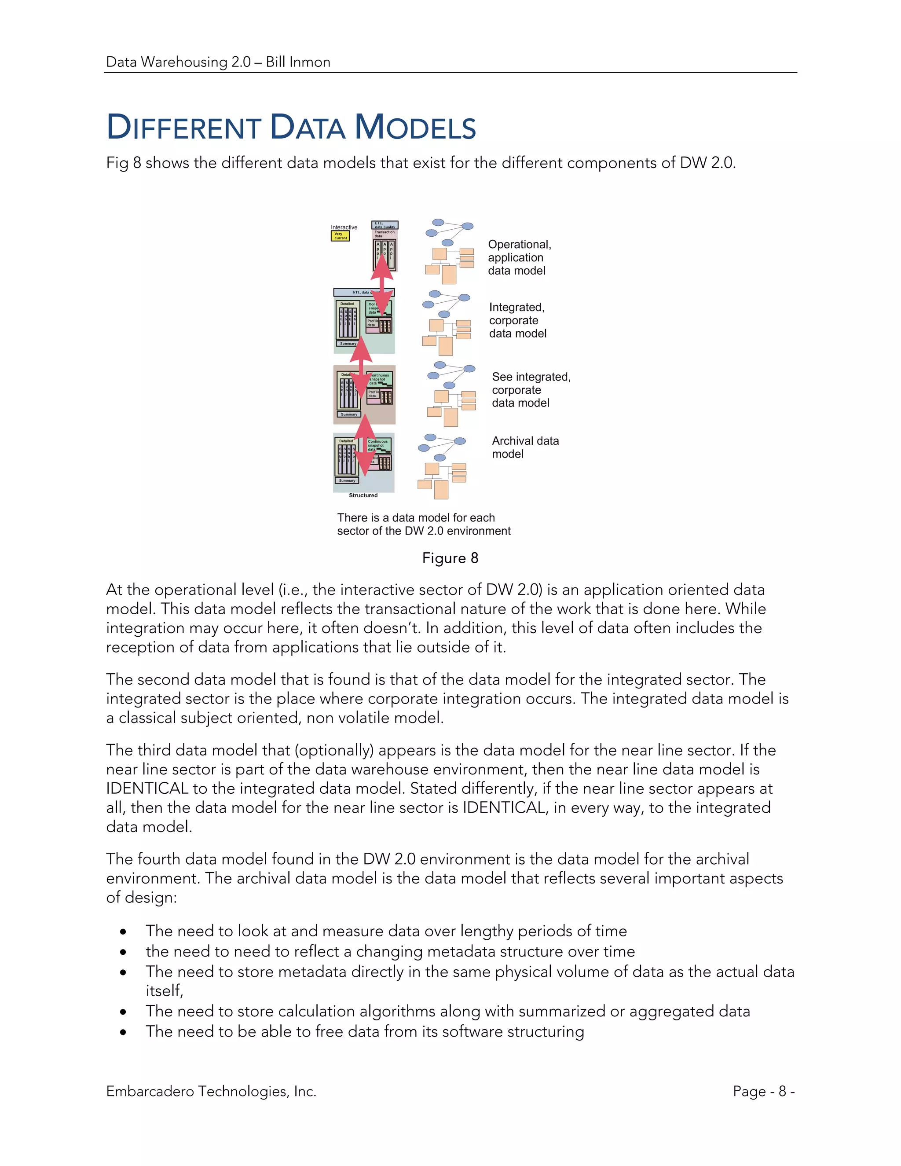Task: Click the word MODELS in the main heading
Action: pyautogui.click(x=415, y=128)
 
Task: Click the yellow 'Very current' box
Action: pyautogui.click(x=340, y=236)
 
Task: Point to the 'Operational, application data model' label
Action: pyautogui.click(x=519, y=257)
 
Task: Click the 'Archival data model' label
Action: pyautogui.click(x=525, y=447)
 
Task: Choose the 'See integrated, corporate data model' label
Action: pyautogui.click(x=531, y=390)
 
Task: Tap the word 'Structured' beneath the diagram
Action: pyautogui.click(x=363, y=495)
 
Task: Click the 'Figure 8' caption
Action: pyautogui.click(x=450, y=558)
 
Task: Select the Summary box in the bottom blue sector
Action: pyautogui.click(x=347, y=480)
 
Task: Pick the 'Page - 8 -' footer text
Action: pyautogui.click(x=763, y=1091)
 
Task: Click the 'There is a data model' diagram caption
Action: pyautogui.click(x=423, y=524)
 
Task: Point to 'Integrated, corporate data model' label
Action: pyautogui.click(x=517, y=320)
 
